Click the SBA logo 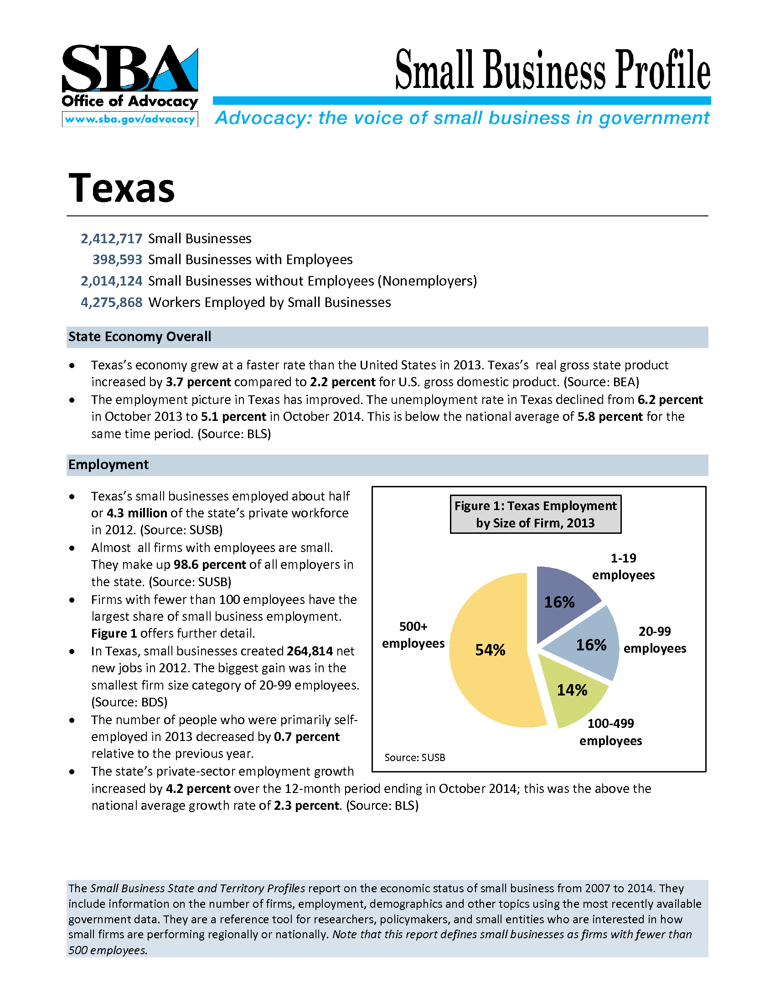(x=129, y=69)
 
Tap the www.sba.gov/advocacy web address (x=130, y=119)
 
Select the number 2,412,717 (x=112, y=239)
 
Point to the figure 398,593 (x=118, y=260)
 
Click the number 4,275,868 (x=112, y=302)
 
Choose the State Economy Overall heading (x=139, y=337)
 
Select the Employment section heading (x=108, y=465)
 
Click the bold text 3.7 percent (x=198, y=382)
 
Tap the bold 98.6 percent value (x=210, y=565)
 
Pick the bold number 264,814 (x=310, y=651)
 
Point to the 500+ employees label (x=413, y=635)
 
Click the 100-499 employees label (x=610, y=732)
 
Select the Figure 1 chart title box (x=535, y=514)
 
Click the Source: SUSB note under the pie (x=414, y=757)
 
